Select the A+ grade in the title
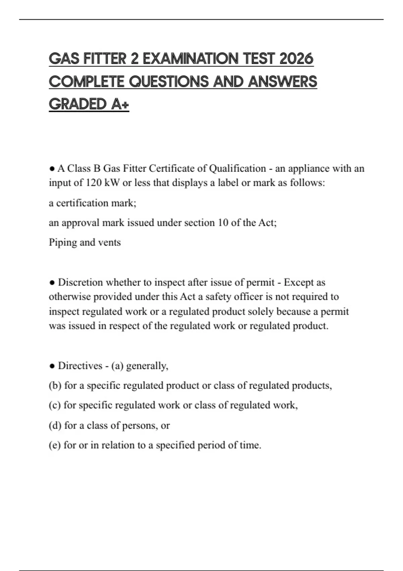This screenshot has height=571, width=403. tap(120, 104)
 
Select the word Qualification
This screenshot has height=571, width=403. tap(237, 168)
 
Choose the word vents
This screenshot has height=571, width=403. tap(109, 243)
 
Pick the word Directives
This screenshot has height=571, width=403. tap(80, 366)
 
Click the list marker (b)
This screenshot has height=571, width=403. tap(55, 386)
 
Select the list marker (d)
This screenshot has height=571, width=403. tap(55, 426)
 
